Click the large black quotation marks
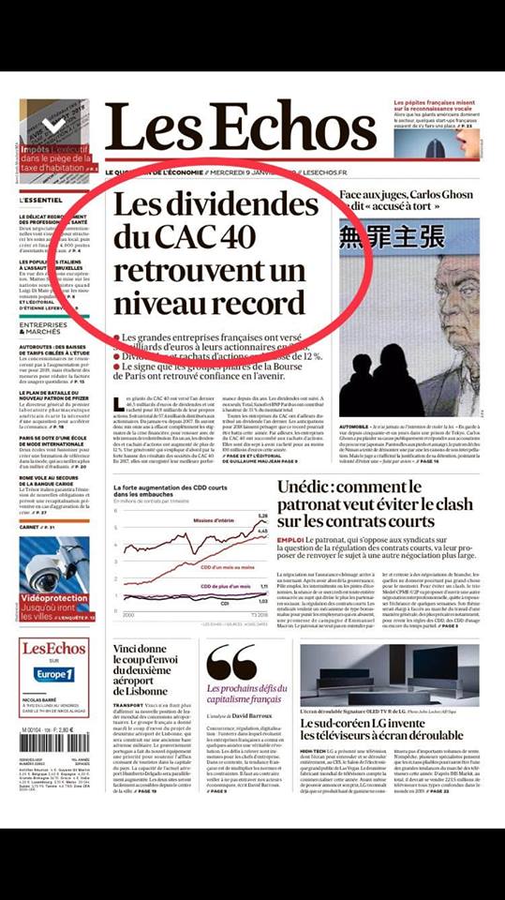coord(230,663)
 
